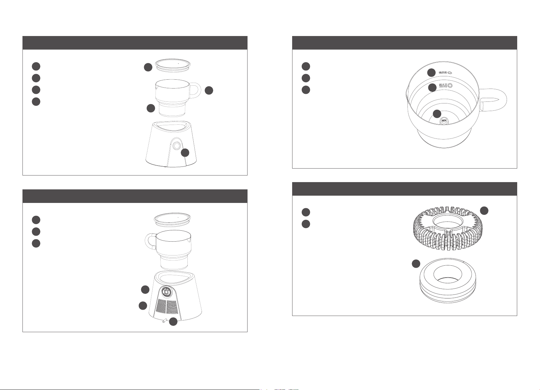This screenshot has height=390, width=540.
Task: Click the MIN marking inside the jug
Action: (444, 120)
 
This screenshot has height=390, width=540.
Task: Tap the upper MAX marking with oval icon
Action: (445, 72)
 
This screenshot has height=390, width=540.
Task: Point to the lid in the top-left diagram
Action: (173, 64)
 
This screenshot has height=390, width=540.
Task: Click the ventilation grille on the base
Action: (167, 307)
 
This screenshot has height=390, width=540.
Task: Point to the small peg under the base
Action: (165, 321)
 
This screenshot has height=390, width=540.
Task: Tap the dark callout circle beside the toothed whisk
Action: (484, 211)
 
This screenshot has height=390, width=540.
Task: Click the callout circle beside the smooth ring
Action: (416, 264)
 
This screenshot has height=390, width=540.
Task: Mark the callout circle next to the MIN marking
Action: (437, 114)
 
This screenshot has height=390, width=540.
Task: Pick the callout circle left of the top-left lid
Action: (148, 67)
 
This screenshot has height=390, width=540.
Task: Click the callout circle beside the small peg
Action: (173, 322)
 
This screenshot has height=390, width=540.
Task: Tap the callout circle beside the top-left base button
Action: (185, 153)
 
